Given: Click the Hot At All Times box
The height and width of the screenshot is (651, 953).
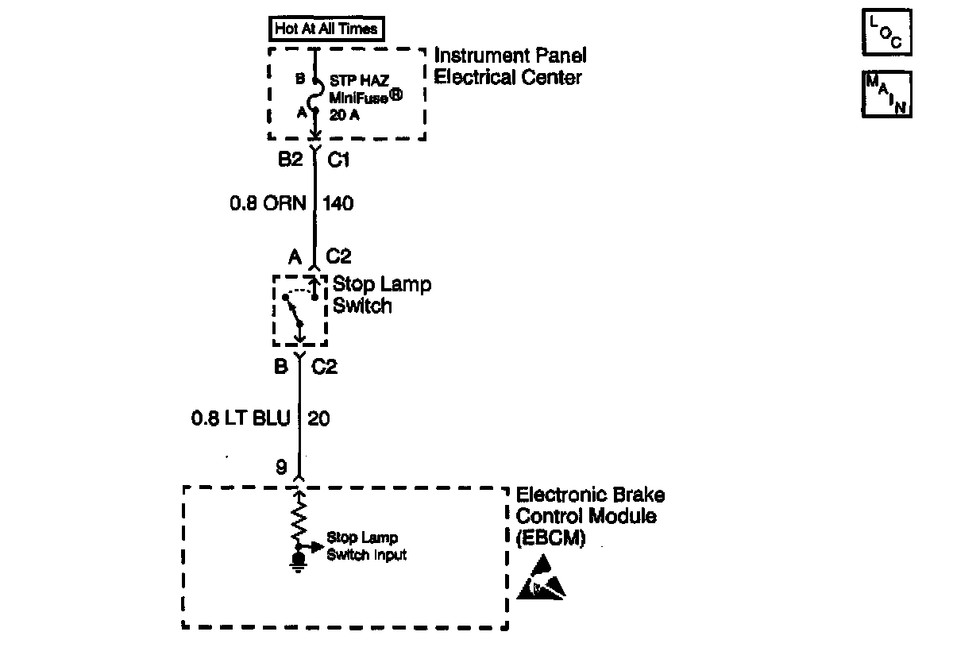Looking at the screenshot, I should (x=326, y=30).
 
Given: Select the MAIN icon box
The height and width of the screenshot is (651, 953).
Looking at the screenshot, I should (x=886, y=94).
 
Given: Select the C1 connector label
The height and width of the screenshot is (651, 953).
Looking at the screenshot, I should (x=339, y=160).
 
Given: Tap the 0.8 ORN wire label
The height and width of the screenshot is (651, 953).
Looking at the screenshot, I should (x=268, y=204).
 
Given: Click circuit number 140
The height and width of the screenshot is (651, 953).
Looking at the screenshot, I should (x=339, y=204).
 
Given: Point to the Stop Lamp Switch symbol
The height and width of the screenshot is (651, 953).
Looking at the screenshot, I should (x=299, y=310).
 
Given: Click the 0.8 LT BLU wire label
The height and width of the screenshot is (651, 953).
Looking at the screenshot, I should (x=241, y=418).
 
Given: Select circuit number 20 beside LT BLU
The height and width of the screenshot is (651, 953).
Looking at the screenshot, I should (x=318, y=418).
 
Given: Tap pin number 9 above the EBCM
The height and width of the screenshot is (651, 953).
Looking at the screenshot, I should (x=281, y=468).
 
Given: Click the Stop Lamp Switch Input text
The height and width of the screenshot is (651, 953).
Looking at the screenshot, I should (x=366, y=547).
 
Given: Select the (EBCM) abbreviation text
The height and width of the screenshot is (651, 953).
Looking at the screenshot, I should (x=550, y=537).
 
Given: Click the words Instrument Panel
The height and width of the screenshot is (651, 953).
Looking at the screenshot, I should (x=510, y=56).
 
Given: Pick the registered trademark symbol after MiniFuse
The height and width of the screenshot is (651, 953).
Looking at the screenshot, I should (x=395, y=94).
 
